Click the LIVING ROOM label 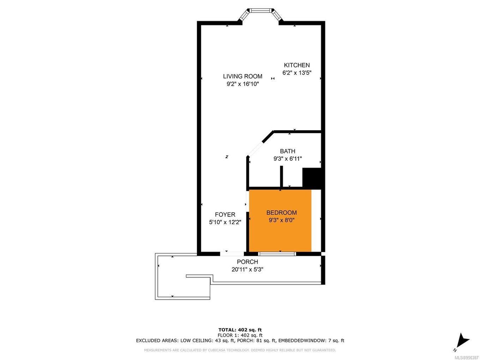[x=242, y=76]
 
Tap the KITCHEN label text [x=297, y=65]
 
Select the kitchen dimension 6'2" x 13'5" [x=297, y=73]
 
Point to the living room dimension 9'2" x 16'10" [x=242, y=84]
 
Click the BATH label [x=287, y=151]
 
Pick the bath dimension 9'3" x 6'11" [x=287, y=159]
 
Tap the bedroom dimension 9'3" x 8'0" [x=281, y=220]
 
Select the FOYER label [x=225, y=215]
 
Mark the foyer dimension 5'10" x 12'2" [x=225, y=222]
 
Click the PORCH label [x=247, y=262]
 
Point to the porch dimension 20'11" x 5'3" [x=247, y=270]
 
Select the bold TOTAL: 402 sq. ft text [x=240, y=330]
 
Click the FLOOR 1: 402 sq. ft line [x=240, y=335]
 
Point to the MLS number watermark [x=466, y=358]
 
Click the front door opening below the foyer [x=232, y=253]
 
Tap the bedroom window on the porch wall [x=277, y=253]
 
